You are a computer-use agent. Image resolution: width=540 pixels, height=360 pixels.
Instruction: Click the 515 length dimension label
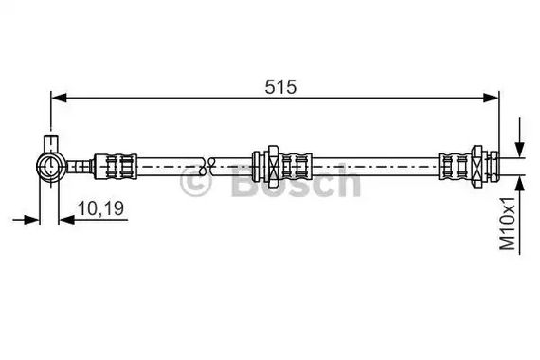coord(280,87)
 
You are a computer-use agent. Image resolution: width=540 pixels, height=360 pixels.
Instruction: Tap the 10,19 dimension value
coord(100,208)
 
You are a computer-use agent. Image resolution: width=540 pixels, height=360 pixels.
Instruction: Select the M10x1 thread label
coord(508,224)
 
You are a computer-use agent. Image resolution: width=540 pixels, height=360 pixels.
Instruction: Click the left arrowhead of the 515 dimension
coord(59,98)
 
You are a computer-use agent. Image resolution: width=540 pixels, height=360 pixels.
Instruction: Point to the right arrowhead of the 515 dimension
coord(491,98)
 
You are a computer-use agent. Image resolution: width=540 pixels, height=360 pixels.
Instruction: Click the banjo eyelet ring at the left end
coord(50,167)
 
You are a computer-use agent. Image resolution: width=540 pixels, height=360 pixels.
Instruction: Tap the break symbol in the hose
coord(207,166)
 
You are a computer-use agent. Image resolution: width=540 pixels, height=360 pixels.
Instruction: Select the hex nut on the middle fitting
coord(273,167)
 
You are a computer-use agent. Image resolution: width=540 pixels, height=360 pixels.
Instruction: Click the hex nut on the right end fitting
coord(477,167)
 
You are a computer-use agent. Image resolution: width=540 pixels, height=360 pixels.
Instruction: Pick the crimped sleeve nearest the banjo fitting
coord(116,167)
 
